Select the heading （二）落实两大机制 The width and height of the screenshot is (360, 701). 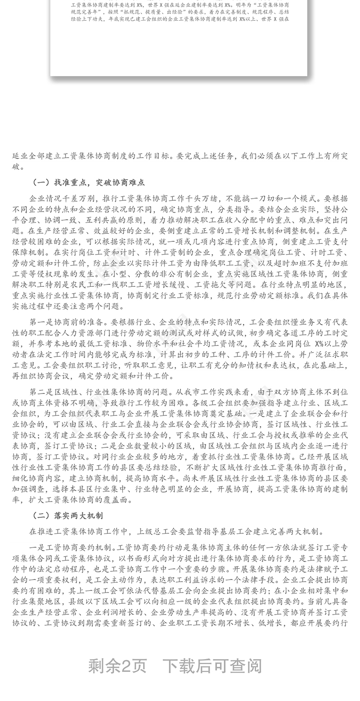click(68, 516)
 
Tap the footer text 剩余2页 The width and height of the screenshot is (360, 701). click(117, 666)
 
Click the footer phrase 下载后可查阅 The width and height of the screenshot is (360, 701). click(212, 666)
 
